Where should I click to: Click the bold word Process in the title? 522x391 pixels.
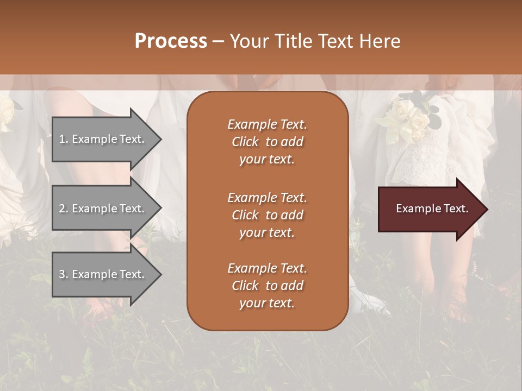(171, 41)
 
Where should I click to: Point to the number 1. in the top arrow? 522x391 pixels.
(64, 139)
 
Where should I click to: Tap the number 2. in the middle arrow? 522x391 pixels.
(64, 209)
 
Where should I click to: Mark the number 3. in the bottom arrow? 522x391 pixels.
(64, 274)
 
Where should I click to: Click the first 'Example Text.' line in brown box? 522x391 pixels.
(267, 124)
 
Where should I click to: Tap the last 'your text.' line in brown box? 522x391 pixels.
(267, 303)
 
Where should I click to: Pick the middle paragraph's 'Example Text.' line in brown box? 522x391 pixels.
(267, 197)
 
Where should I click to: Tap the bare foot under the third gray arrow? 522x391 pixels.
(101, 310)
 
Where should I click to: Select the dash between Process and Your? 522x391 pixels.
(218, 41)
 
